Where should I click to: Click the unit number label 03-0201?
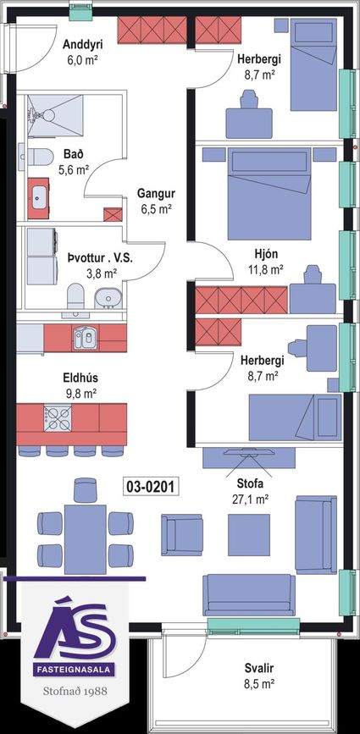(x=151, y=487)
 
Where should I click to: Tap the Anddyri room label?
(x=82, y=45)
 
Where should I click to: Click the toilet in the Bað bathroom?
(x=36, y=157)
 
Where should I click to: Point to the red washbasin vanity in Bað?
(x=38, y=198)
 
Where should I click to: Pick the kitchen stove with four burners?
(x=58, y=418)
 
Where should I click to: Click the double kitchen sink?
(x=86, y=338)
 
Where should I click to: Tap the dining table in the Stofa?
(x=86, y=538)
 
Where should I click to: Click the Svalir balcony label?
(x=259, y=668)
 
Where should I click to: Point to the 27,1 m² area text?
(x=250, y=499)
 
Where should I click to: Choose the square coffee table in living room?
(x=248, y=534)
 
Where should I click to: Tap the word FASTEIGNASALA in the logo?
(x=75, y=670)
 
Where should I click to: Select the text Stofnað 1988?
(x=75, y=691)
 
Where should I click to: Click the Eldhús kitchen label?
(x=80, y=378)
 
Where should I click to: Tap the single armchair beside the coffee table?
(x=182, y=534)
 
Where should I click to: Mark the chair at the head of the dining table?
(x=86, y=489)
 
